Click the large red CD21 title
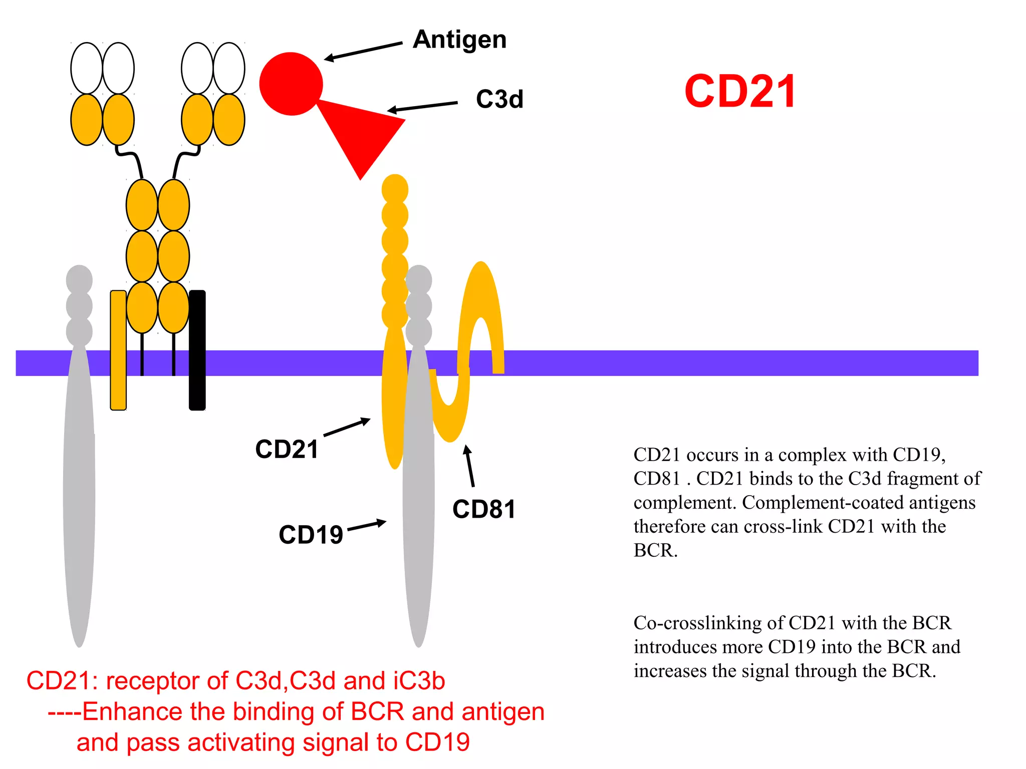pos(740,92)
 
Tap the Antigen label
pos(459,40)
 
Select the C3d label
pos(499,99)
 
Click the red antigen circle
pos(291,84)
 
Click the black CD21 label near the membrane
pos(287,449)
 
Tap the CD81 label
pos(484,510)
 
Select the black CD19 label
pos(311,535)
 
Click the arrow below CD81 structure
pos(469,466)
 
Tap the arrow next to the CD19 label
pos(367,525)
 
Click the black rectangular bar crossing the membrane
pos(197,350)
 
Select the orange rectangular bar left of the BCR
pos(118,350)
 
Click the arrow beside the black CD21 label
pos(347,427)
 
